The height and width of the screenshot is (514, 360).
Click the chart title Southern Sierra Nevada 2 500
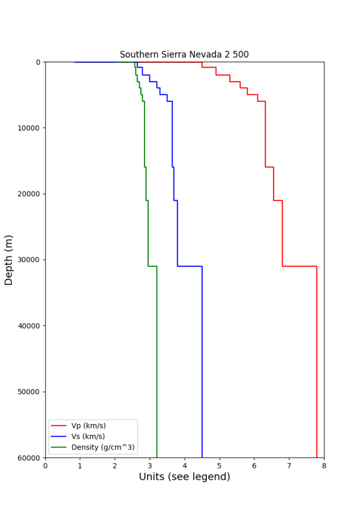coord(184,55)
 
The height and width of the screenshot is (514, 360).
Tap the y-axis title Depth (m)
coord(9,260)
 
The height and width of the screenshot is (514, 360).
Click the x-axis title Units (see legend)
coord(184,477)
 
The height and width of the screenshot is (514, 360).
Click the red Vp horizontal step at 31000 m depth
coord(299,266)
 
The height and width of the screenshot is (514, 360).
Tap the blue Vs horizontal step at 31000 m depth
coord(190,266)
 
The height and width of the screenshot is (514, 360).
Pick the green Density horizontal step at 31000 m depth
coord(152,266)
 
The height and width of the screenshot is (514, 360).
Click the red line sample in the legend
coord(59,426)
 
